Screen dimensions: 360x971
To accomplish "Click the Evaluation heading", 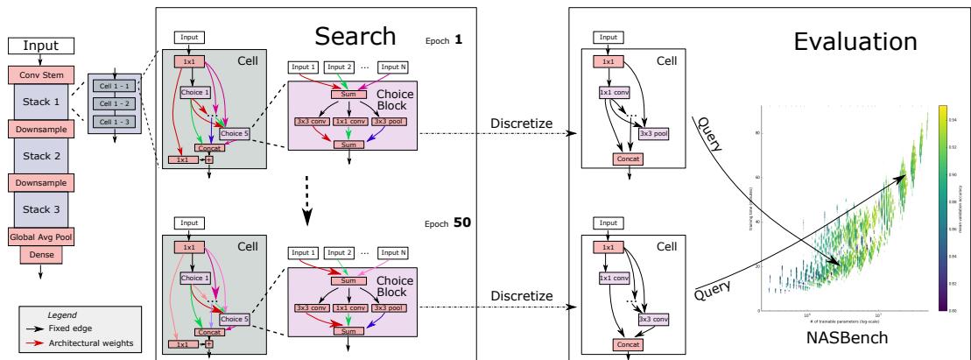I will click(855, 41).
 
